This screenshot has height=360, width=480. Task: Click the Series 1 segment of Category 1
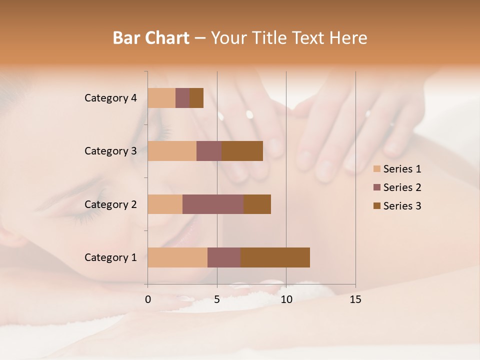[x=177, y=257]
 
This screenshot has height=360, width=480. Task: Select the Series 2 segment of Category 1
[x=224, y=257]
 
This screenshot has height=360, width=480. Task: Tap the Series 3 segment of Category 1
[x=275, y=257]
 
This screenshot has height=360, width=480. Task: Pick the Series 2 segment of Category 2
[x=213, y=204]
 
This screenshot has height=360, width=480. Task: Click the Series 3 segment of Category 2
[x=257, y=204]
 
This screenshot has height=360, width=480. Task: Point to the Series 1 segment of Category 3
[x=172, y=151]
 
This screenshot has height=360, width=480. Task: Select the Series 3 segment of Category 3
[x=242, y=151]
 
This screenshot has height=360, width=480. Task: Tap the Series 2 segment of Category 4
[x=182, y=98]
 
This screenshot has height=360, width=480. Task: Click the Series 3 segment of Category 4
[x=196, y=98]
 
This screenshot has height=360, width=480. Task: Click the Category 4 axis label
[x=110, y=98]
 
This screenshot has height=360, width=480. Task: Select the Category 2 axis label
[x=110, y=204]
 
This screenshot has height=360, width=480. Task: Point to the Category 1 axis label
[x=110, y=257]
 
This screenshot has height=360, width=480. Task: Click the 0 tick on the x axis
[x=148, y=299]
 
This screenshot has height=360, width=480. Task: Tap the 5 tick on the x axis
[x=217, y=299]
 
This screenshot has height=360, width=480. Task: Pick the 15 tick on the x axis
[x=355, y=299]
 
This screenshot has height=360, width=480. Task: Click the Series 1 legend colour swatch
[x=377, y=169]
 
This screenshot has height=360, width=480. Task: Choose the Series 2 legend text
[x=402, y=187]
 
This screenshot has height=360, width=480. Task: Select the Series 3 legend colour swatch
[x=377, y=206]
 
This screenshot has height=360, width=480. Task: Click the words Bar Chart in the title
[x=151, y=38]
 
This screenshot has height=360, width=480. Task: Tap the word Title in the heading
[x=270, y=38]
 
